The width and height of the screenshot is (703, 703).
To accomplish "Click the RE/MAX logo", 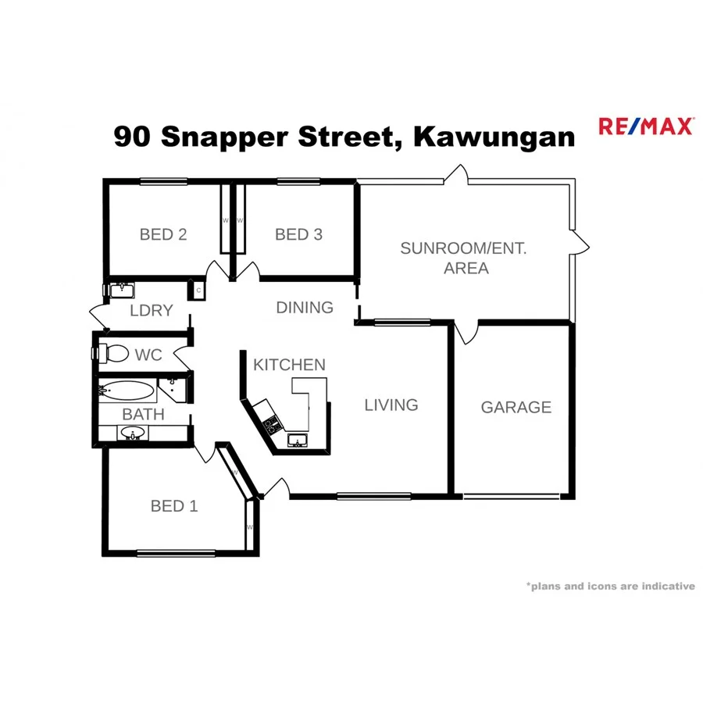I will [645, 127].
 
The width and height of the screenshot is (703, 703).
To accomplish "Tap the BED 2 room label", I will [163, 234].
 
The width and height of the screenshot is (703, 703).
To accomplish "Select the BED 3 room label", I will [298, 234].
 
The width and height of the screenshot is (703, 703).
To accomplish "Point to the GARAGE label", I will [516, 407].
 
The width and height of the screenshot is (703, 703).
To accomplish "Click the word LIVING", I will [391, 405].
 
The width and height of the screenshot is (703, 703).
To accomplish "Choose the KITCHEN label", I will [289, 365].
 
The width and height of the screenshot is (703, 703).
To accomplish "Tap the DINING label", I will [305, 308].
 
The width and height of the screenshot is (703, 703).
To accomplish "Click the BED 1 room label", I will [174, 506].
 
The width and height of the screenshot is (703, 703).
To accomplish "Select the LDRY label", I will [151, 310].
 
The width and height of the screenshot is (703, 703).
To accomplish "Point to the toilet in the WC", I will [113, 354].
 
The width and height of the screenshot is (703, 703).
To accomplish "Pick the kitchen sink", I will [297, 441].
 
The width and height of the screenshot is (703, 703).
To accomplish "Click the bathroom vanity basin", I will [131, 432].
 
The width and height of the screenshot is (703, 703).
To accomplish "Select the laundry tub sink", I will [121, 291].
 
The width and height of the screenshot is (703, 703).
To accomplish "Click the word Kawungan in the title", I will [494, 137].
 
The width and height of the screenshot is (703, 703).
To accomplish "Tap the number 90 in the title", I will [133, 137].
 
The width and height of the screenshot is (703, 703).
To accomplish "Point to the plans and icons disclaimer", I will [610, 586].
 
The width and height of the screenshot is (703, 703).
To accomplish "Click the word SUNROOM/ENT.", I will [463, 249].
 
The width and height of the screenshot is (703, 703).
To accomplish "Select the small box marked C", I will [198, 291].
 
